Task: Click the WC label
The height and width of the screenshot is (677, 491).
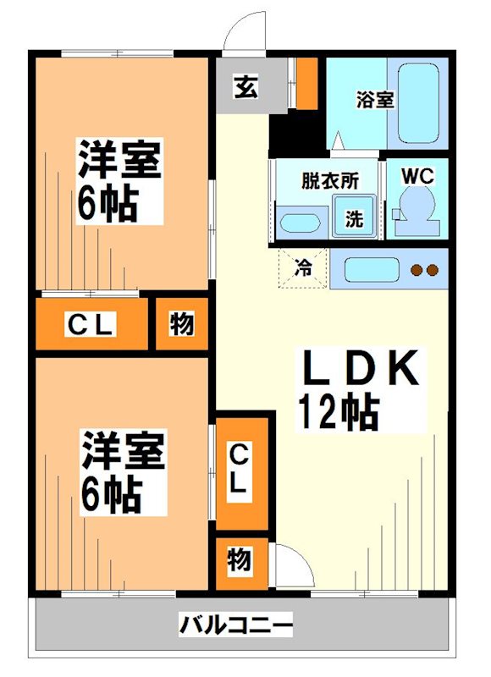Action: point(417,176)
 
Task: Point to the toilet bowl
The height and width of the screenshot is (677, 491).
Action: point(416,207)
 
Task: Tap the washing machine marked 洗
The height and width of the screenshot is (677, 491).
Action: point(354,217)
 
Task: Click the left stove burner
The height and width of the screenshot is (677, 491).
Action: point(417,271)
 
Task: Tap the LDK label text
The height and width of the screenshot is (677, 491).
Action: point(360,370)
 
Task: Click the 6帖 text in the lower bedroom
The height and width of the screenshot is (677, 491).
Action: point(111,495)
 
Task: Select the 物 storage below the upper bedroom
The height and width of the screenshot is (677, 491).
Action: point(182,323)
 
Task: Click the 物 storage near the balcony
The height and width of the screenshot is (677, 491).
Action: point(240,560)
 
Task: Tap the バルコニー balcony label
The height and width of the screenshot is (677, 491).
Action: point(236,626)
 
